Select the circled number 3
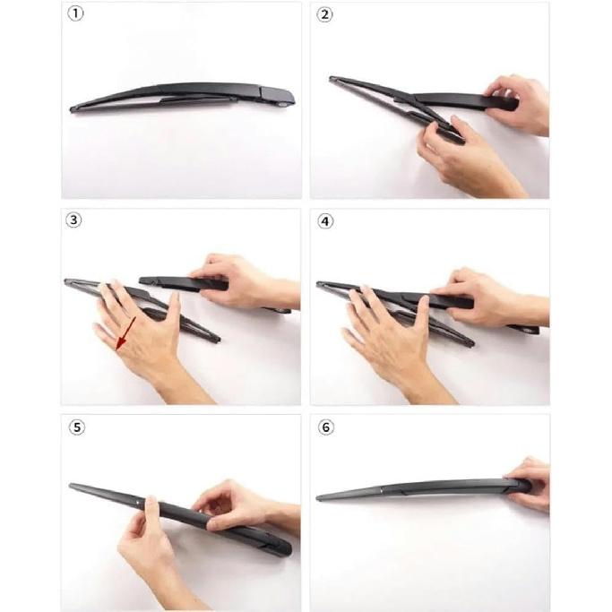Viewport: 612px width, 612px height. [77, 221]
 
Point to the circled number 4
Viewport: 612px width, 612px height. [325, 221]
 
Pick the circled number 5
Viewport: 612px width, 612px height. [77, 427]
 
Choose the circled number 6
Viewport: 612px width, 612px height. [325, 427]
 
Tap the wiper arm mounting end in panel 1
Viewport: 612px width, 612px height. [280, 97]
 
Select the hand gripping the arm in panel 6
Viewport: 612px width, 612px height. [529, 484]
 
